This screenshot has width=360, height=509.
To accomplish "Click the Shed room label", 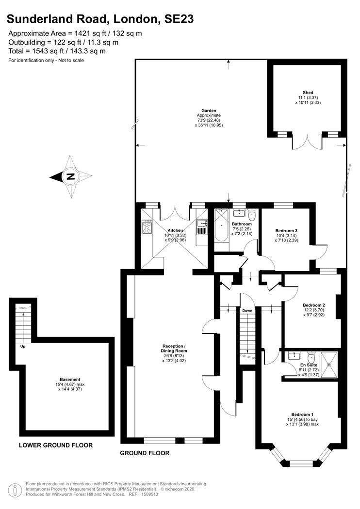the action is pyautogui.click(x=308, y=93).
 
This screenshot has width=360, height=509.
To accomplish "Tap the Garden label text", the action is pyautogui.click(x=209, y=111).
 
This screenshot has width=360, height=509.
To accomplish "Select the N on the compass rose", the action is pyautogui.click(x=70, y=177).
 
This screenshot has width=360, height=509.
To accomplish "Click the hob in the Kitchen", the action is pyautogui.click(x=147, y=226).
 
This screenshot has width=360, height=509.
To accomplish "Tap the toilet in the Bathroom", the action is pyautogui.click(x=252, y=214).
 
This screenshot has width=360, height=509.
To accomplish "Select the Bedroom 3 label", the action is pyautogui.click(x=286, y=231).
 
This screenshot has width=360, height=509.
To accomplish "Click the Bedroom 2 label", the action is pyautogui.click(x=314, y=305).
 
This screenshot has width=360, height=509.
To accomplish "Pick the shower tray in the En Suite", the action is pyautogui.click(x=329, y=365).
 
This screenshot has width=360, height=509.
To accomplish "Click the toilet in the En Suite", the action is pyautogui.click(x=311, y=357).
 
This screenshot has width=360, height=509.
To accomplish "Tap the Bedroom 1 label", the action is pyautogui.click(x=302, y=414).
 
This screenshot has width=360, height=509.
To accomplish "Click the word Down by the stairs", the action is pyautogui.click(x=247, y=311).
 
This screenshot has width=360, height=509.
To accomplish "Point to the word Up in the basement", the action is pyautogui.click(x=23, y=347).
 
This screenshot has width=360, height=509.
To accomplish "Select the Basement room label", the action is pyautogui.click(x=70, y=380).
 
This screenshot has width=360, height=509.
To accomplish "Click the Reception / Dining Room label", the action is pyautogui.click(x=174, y=349).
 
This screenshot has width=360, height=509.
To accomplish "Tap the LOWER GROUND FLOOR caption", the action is pyautogui.click(x=56, y=445).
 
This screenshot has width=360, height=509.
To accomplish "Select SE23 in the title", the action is pyautogui.click(x=179, y=19).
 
